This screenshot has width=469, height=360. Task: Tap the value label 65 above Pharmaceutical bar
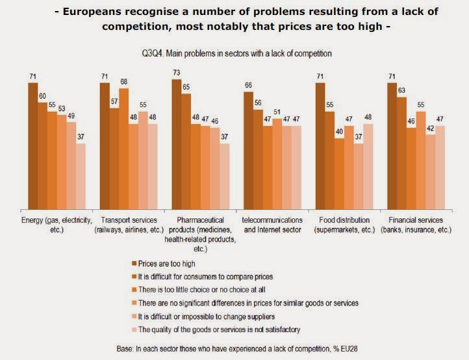pos(186,86)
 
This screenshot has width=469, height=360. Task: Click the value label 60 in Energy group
pos(42,96)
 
